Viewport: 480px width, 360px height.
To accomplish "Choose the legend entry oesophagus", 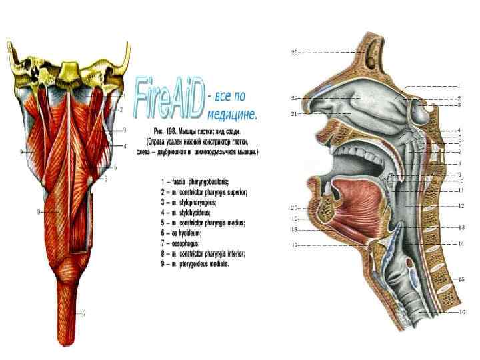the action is tap(187, 243).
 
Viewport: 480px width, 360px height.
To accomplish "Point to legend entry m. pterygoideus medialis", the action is tap(195, 264).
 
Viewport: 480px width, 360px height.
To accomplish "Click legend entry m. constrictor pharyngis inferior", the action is tap(204, 253).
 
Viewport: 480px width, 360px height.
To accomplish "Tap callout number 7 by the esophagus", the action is tap(84, 312).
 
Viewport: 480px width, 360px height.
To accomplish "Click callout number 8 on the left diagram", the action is tap(39, 211).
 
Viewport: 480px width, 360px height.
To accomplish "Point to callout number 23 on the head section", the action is tap(294, 51).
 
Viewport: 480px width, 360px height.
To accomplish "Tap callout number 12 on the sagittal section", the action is tap(460, 206).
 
